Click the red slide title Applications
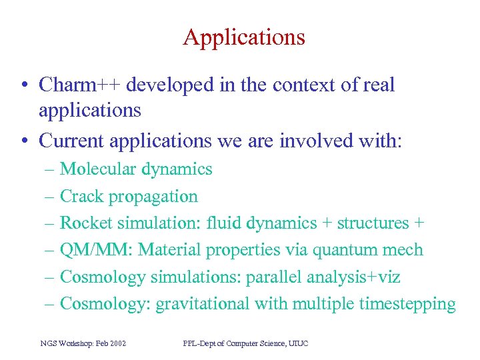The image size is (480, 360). pyautogui.click(x=244, y=37)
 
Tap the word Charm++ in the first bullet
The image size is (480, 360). pyautogui.click(x=79, y=85)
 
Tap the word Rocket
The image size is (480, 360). pyautogui.click(x=86, y=223)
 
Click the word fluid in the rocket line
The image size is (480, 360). pyautogui.click(x=225, y=223)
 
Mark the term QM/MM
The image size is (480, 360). pyautogui.click(x=96, y=250)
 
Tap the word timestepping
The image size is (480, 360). pyautogui.click(x=407, y=304)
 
